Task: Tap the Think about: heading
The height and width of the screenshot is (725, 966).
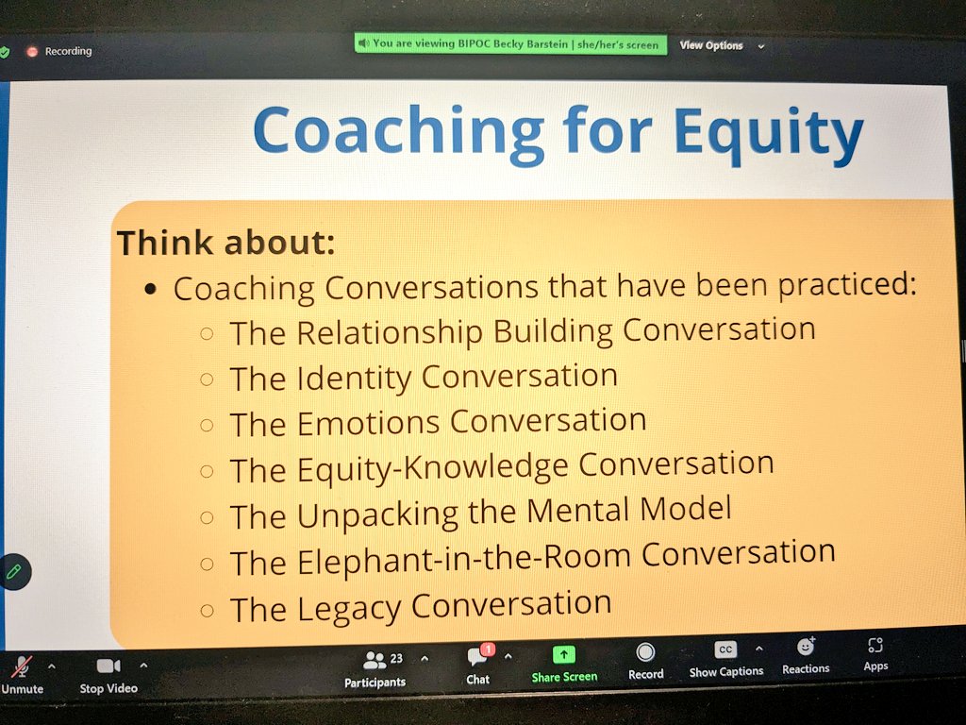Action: point(225,243)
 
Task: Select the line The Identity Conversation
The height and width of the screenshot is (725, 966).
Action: point(424,378)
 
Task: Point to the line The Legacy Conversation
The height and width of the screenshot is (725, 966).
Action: point(421,605)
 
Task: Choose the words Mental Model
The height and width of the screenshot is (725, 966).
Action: point(628,510)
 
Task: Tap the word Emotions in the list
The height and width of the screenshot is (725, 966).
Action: point(369,423)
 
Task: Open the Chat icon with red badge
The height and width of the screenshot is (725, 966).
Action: point(478,656)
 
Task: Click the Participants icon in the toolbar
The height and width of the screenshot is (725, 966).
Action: point(375,660)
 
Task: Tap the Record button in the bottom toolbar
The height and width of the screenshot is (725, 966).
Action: point(645,652)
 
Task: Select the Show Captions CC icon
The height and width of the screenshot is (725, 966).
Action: point(724,649)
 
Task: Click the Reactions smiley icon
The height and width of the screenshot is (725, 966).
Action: point(805,648)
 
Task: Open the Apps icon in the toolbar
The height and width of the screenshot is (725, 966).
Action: point(875,646)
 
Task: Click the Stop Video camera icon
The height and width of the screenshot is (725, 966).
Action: point(108,666)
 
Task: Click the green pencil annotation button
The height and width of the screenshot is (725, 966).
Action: point(14,571)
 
